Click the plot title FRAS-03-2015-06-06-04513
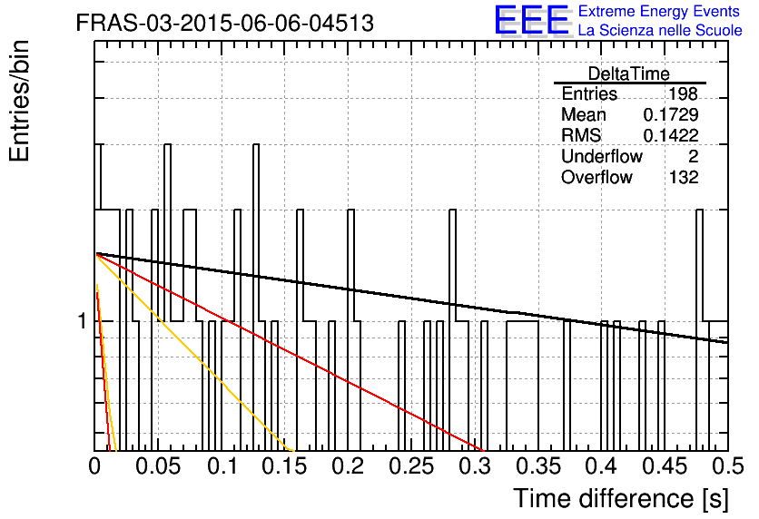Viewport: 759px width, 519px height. click(225, 23)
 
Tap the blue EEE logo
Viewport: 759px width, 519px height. click(531, 20)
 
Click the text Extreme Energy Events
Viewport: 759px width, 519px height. click(659, 11)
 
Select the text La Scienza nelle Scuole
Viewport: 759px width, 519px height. click(660, 31)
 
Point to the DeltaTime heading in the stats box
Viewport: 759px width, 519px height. click(629, 73)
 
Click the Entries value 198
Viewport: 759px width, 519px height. click(683, 93)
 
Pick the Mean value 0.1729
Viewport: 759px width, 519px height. click(671, 114)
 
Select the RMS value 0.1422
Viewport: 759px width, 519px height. click(671, 135)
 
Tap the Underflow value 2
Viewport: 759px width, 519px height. click(693, 156)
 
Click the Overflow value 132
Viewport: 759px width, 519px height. click(684, 177)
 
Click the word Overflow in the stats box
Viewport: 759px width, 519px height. click(596, 177)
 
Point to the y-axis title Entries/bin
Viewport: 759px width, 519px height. click(19, 102)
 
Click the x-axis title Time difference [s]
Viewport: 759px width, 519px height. click(621, 498)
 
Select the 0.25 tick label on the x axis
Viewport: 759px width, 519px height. click(411, 466)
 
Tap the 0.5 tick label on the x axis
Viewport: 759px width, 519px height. click(727, 466)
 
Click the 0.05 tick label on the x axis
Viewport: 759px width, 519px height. click(158, 466)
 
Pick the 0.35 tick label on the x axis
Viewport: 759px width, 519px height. click(538, 466)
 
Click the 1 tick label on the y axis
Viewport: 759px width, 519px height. click(83, 321)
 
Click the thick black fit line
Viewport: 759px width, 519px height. click(412, 298)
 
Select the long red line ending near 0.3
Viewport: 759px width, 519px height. click(291, 352)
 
